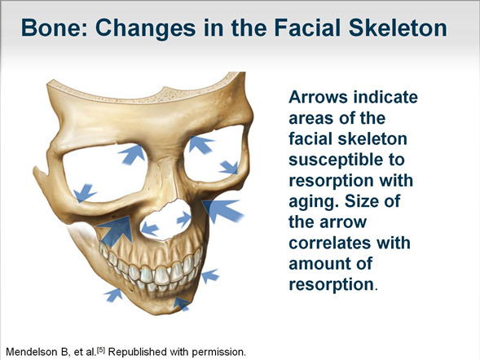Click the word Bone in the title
click(x=54, y=28)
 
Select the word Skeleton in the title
click(x=398, y=28)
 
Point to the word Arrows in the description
click(x=318, y=97)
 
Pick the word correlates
click(x=350, y=243)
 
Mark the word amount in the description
click(x=320, y=264)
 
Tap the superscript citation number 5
click(x=101, y=349)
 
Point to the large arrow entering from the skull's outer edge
click(x=222, y=210)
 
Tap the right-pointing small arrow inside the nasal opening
click(x=184, y=219)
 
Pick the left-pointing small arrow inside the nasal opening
click(x=150, y=229)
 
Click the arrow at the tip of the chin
click(x=182, y=304)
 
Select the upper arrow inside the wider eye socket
click(x=133, y=154)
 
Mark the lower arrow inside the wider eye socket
click(x=84, y=193)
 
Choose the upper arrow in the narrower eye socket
click(x=200, y=144)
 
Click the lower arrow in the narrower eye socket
click(x=229, y=168)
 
